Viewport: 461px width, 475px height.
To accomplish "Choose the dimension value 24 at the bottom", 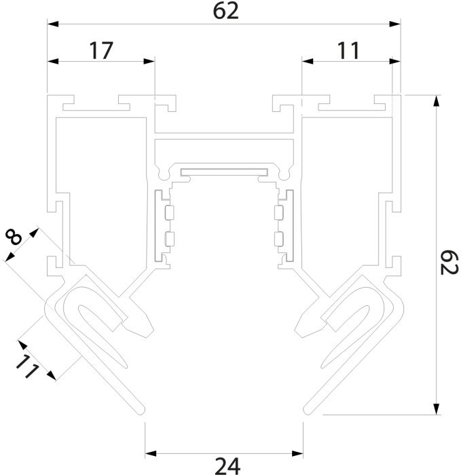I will coord(226,465).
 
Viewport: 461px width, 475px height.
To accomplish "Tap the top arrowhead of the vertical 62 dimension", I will coord(435,99).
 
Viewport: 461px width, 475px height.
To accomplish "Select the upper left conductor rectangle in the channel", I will coord(169,212).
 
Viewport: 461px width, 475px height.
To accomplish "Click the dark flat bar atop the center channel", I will coord(223,169).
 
